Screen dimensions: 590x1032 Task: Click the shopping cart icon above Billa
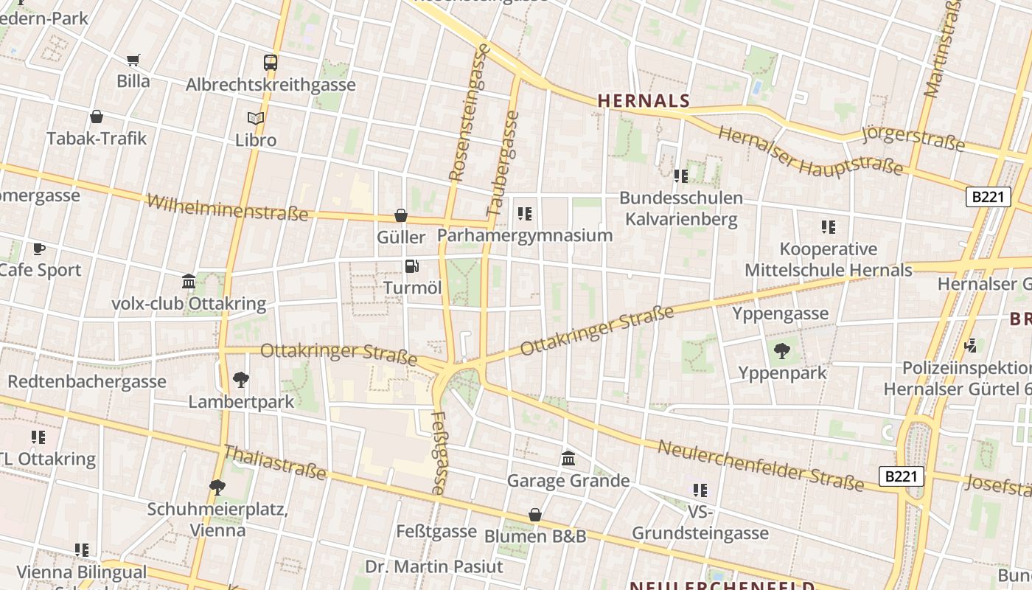(x=133, y=60)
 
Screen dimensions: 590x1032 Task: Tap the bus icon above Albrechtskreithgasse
(x=271, y=63)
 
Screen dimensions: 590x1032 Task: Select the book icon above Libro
(x=256, y=118)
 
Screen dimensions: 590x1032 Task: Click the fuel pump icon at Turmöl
(x=412, y=266)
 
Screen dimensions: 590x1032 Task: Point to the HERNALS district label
(x=644, y=101)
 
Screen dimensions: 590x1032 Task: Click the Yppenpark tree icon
(x=781, y=351)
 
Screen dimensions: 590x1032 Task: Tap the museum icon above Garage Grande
(x=568, y=459)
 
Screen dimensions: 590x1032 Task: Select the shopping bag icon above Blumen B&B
(x=535, y=515)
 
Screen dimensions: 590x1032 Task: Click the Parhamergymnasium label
(x=525, y=235)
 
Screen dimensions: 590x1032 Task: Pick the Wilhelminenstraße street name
(x=227, y=208)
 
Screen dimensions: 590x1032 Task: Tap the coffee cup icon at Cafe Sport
(x=39, y=249)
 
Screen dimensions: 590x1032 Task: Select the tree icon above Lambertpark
(x=240, y=380)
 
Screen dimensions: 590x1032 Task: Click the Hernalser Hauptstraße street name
(x=810, y=151)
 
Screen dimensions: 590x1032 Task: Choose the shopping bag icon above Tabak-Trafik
(x=97, y=117)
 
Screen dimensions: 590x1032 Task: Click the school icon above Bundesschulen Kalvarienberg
(x=680, y=176)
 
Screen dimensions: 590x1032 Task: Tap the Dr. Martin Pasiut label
(x=434, y=566)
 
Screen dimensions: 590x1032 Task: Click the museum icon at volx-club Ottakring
(x=189, y=281)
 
